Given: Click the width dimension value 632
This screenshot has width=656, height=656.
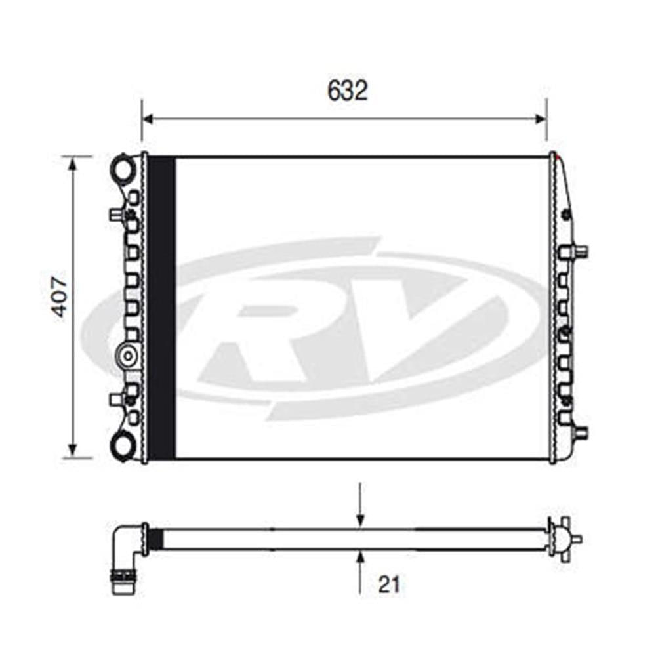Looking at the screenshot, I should [347, 91].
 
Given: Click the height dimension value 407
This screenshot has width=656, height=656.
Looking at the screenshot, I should [60, 297].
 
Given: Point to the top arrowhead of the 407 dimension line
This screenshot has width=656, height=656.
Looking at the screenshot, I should [72, 163].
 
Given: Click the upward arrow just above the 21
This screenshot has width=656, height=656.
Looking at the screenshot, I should [359, 558].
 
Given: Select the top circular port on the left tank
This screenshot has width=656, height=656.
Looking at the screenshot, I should [123, 168].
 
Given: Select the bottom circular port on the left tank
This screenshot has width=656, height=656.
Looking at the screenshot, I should [123, 446].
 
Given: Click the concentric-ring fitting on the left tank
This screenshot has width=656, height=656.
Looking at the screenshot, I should [127, 356].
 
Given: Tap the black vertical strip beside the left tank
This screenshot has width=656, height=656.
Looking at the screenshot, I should [162, 308].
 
